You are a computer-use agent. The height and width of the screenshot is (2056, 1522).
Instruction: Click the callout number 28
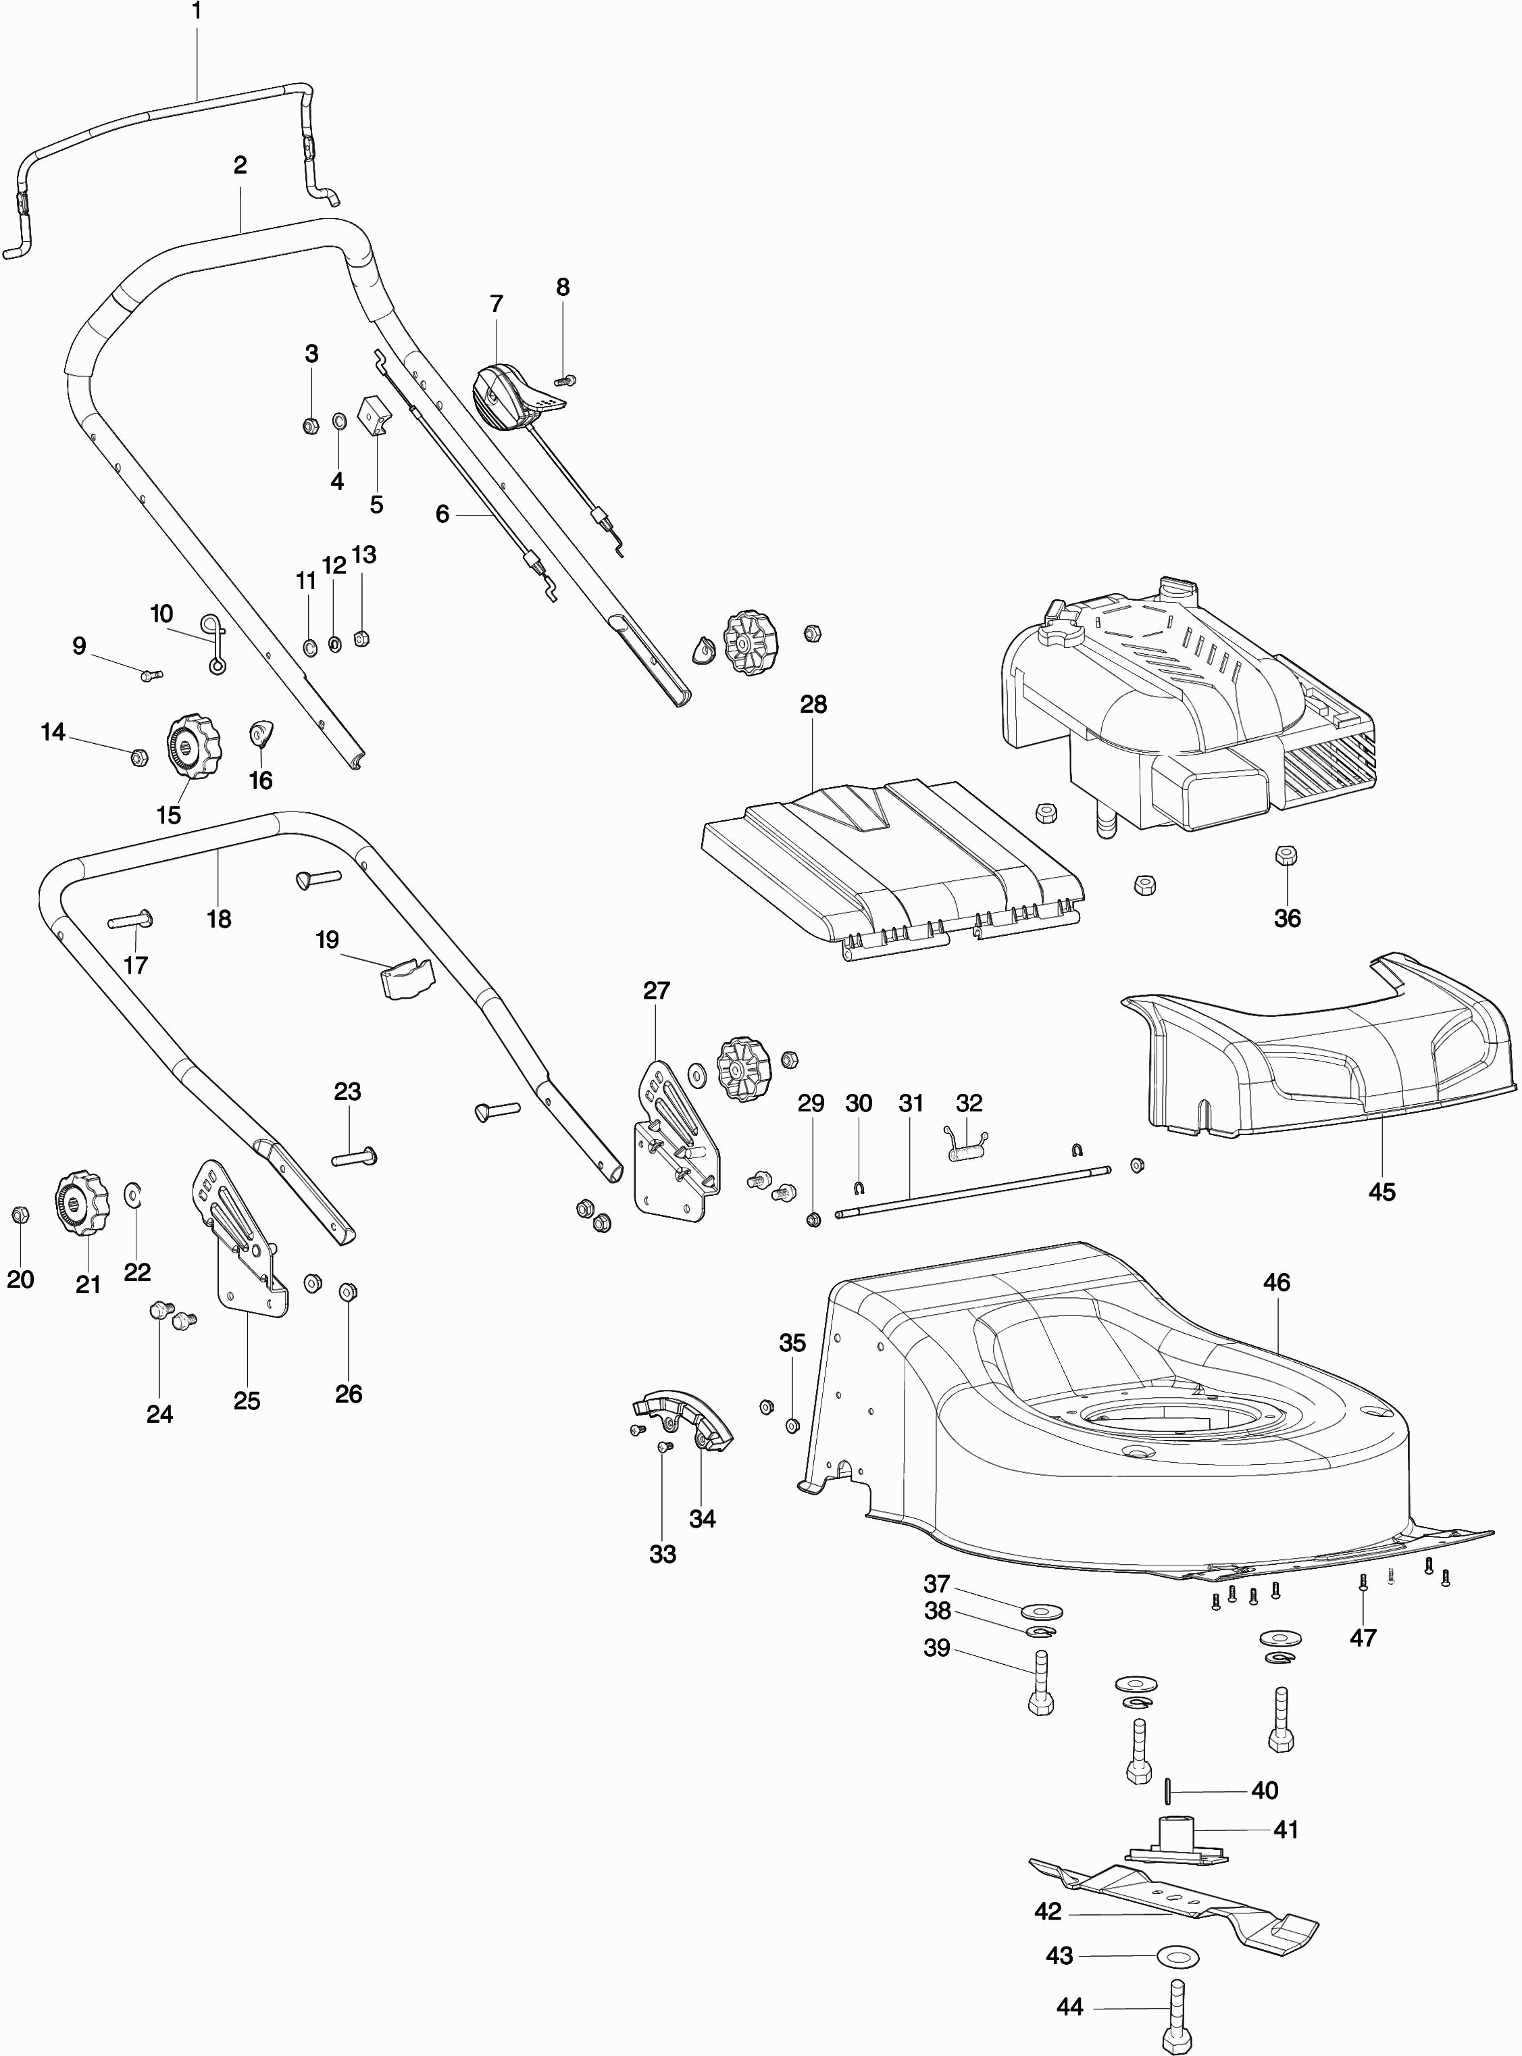[813, 705]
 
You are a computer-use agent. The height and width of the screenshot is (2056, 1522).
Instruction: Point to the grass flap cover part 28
[894, 866]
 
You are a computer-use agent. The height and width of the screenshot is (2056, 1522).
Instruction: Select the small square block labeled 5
[374, 416]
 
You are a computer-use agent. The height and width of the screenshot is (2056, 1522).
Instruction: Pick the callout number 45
[1382, 1192]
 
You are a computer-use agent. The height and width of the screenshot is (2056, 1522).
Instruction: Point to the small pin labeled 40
[1168, 1790]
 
